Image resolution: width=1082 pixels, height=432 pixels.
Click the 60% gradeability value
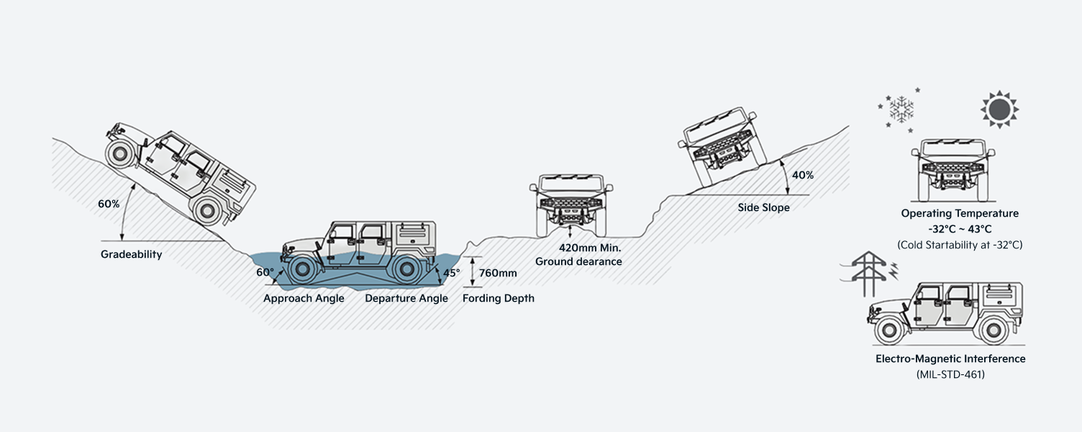[x=109, y=204]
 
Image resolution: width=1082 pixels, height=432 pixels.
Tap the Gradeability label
[x=131, y=254]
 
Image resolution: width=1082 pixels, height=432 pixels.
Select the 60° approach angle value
[x=265, y=273]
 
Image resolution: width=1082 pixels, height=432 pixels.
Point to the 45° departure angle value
[x=452, y=273]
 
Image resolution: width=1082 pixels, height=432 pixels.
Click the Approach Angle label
[x=304, y=298]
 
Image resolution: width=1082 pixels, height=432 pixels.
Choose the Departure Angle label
[x=406, y=298]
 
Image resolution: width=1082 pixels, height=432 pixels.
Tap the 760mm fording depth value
[x=498, y=273]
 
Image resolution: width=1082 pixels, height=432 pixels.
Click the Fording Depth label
[x=499, y=298]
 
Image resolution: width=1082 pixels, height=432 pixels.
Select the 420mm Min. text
[x=590, y=248]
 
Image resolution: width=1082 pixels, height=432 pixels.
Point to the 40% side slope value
[x=803, y=175]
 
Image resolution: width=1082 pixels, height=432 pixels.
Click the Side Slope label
[x=763, y=207]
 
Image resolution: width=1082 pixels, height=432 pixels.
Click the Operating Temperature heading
[x=960, y=213]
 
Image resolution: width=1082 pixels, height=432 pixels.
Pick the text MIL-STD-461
[x=950, y=374]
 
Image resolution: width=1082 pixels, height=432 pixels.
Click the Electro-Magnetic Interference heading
[x=950, y=359]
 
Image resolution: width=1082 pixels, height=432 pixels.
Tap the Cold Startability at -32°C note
[x=960, y=245]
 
